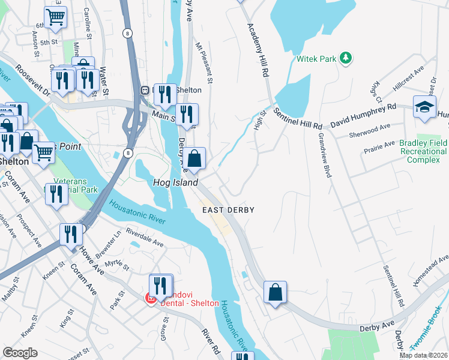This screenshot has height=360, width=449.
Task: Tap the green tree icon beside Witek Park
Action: [x=345, y=58]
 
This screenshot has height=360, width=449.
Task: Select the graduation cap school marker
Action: [x=424, y=107]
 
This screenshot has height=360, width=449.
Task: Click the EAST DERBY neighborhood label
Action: [x=228, y=210]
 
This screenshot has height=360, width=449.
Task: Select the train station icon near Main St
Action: [x=145, y=91]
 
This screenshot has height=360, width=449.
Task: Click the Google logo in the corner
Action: [x=20, y=353]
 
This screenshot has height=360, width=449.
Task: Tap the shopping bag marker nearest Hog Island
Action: [x=194, y=159]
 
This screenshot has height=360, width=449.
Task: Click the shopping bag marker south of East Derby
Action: [x=275, y=293]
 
